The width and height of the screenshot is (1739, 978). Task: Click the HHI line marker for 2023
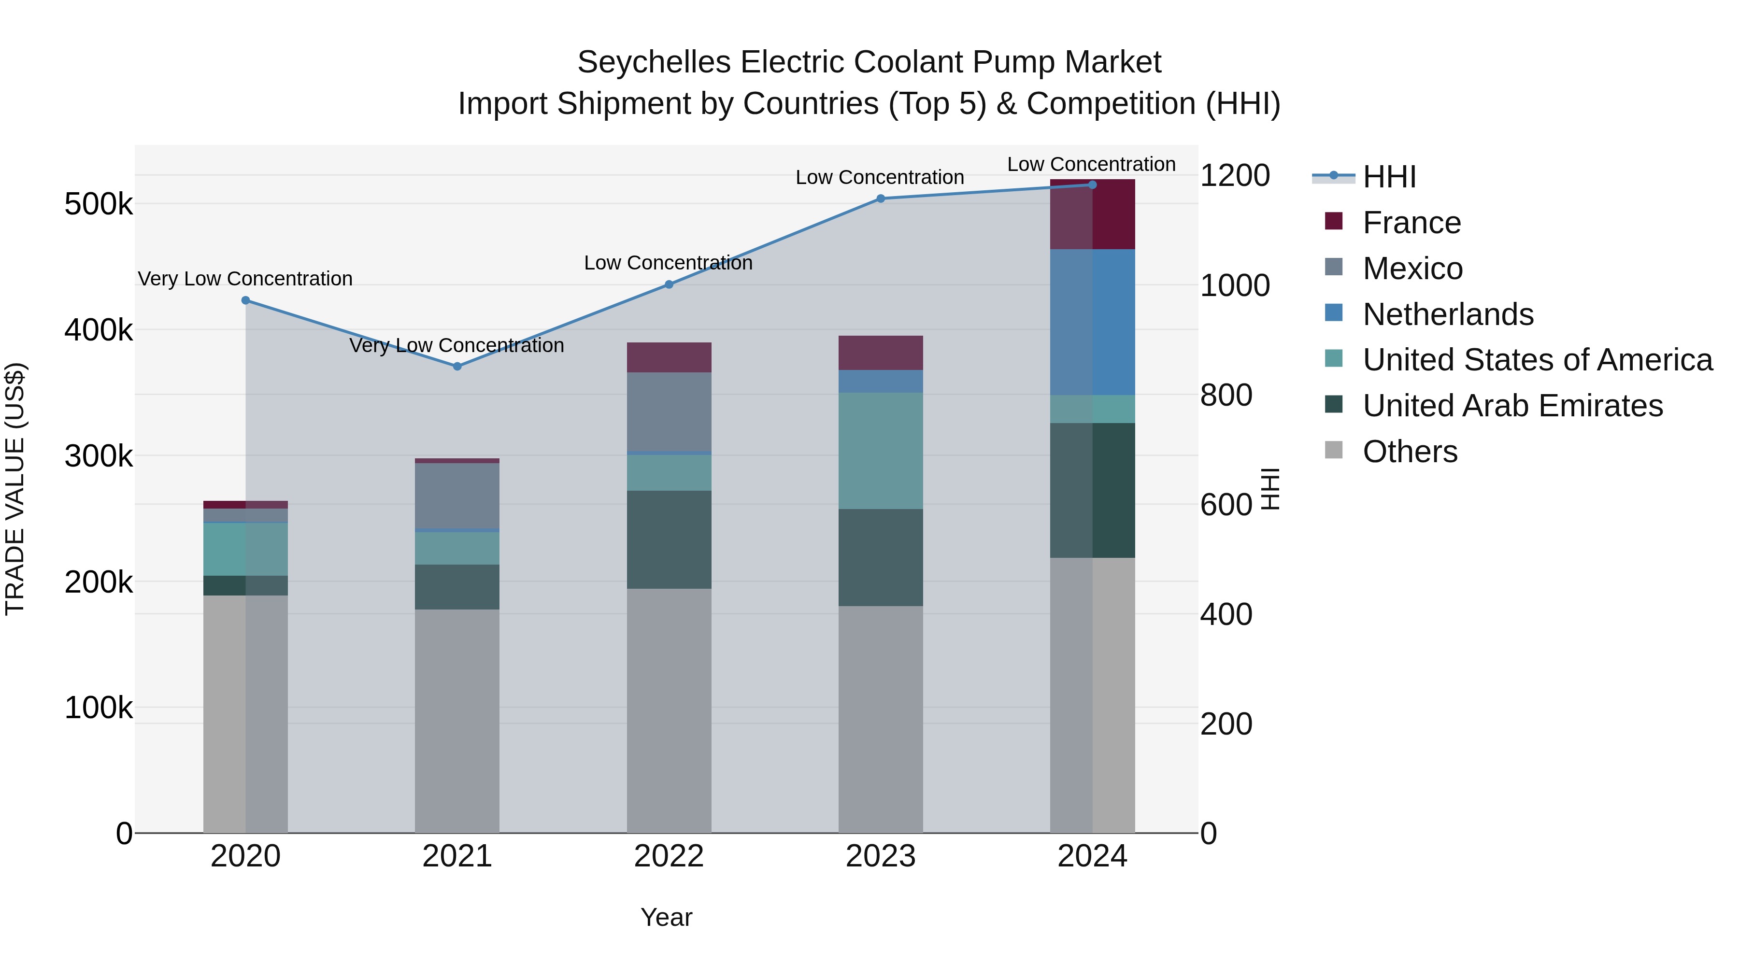pyautogui.click(x=880, y=198)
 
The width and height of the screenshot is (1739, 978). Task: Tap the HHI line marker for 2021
pyautogui.click(x=457, y=367)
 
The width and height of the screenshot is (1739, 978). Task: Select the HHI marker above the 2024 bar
pyautogui.click(x=1092, y=185)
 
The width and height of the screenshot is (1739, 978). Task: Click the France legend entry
pyautogui.click(x=1411, y=223)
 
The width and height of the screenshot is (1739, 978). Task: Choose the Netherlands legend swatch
pyautogui.click(x=1334, y=313)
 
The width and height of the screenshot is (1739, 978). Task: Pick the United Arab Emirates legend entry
pyautogui.click(x=1512, y=406)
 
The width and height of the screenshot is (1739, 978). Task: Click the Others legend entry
pyautogui.click(x=1410, y=452)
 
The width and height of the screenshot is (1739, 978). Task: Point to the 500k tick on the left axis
pyautogui.click(x=99, y=204)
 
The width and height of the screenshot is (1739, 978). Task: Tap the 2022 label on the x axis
pyautogui.click(x=669, y=856)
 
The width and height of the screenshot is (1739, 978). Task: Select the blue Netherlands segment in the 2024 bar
pyautogui.click(x=1092, y=322)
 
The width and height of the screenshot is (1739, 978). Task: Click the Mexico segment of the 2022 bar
pyautogui.click(x=669, y=411)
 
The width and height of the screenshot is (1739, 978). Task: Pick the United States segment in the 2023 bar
pyautogui.click(x=880, y=451)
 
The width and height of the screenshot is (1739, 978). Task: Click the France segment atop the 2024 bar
pyautogui.click(x=1092, y=214)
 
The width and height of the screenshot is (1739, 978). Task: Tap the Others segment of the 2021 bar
pyautogui.click(x=457, y=721)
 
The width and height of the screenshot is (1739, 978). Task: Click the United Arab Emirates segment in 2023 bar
pyautogui.click(x=880, y=557)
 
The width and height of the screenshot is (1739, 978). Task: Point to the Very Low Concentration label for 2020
pyautogui.click(x=245, y=279)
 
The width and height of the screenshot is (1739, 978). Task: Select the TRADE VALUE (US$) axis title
pyautogui.click(x=15, y=489)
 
